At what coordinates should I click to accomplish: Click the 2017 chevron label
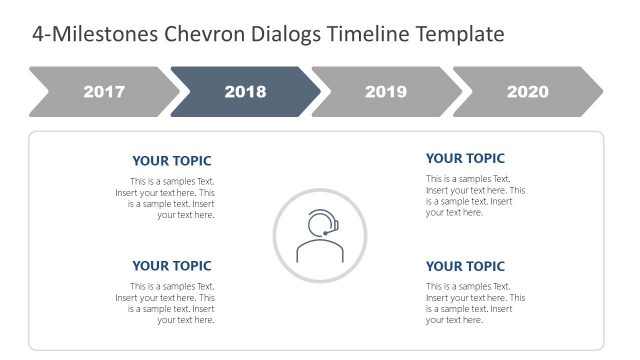click(x=104, y=92)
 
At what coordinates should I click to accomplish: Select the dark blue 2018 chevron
click(x=245, y=92)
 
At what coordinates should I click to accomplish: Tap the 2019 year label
click(x=386, y=92)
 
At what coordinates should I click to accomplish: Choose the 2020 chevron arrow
click(x=527, y=92)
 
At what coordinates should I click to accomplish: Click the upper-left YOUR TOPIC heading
click(x=172, y=161)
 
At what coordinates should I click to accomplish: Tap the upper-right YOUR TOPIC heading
click(x=465, y=158)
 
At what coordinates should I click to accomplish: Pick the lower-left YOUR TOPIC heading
click(x=172, y=266)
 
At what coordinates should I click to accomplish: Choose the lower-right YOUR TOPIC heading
click(x=465, y=266)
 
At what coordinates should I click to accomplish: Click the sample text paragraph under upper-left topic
click(x=166, y=198)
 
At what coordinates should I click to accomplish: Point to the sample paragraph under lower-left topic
click(x=166, y=303)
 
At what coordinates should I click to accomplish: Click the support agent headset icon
click(x=320, y=236)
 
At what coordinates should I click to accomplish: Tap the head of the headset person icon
click(x=320, y=224)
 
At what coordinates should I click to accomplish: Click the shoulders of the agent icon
click(x=320, y=252)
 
